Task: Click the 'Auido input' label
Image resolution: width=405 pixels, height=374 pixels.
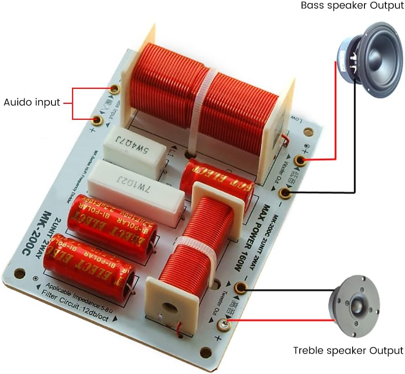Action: tap(32, 102)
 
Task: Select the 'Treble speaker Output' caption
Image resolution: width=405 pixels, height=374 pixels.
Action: tap(348, 351)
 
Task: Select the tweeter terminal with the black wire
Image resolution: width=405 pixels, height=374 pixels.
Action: tap(240, 288)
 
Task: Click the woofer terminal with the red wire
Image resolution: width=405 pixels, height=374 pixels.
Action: tap(299, 160)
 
